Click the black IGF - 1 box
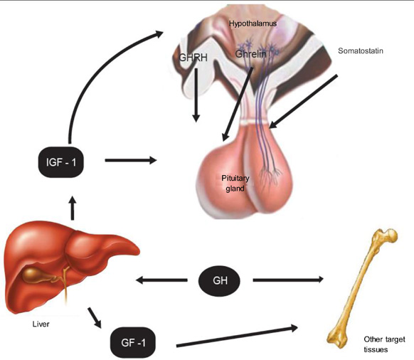coord(61,162)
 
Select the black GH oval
coord(219,280)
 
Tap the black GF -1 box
coord(133,342)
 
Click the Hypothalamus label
coord(253,23)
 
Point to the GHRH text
coord(193,58)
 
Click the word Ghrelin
coord(250,54)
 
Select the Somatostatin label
coord(361,51)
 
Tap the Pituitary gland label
coord(235,184)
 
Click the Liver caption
coord(41,324)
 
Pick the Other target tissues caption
coord(384,344)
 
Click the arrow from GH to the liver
coord(161,280)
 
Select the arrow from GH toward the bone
coord(288,280)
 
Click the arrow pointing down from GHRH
coord(196,95)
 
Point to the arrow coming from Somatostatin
coord(303,102)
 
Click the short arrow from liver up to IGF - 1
coord(73,208)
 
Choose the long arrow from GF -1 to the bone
coord(237,337)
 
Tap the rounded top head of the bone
coord(391,235)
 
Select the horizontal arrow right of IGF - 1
coord(131,160)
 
